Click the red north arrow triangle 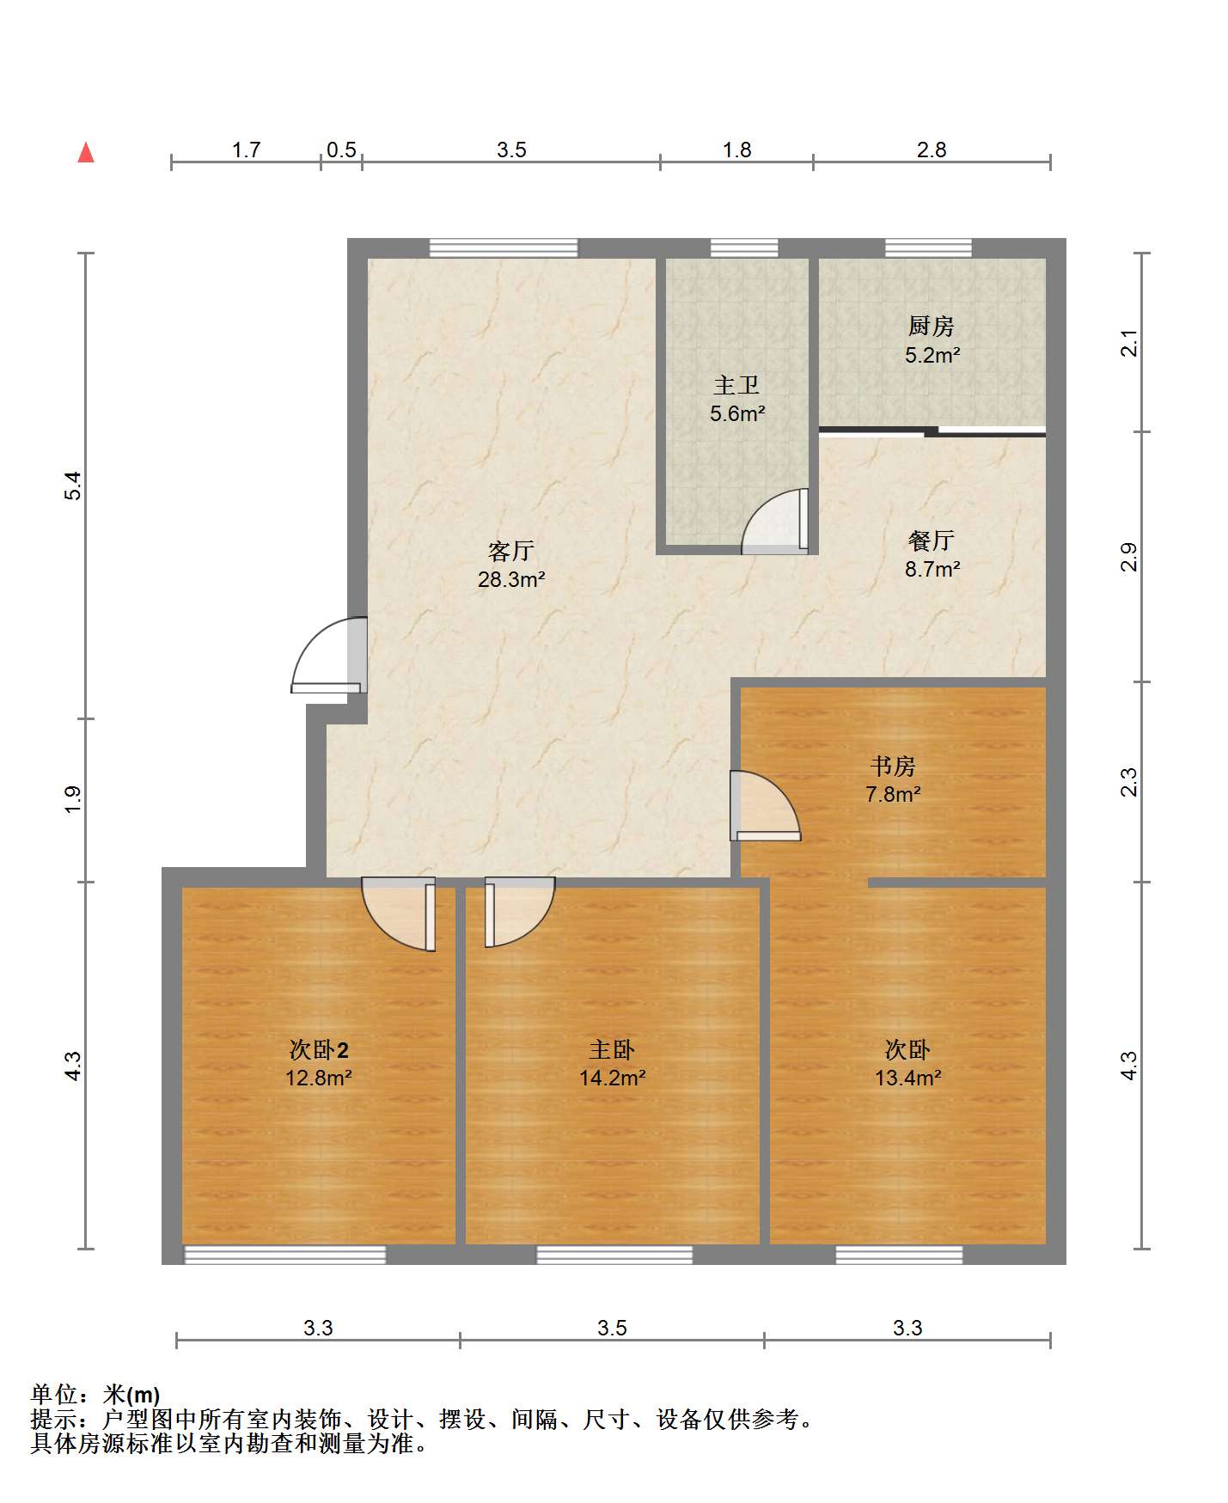86,152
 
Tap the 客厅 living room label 511,550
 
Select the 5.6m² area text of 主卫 737,413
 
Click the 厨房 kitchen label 932,326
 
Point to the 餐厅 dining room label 932,541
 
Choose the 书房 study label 893,765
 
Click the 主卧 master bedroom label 612,1049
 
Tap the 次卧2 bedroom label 319,1049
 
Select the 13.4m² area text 908,1078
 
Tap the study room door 765,806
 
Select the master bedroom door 519,912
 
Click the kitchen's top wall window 929,248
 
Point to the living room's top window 504,248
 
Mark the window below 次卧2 285,1255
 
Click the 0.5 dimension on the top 341,150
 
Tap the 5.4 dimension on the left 74,486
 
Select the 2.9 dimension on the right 1129,557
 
